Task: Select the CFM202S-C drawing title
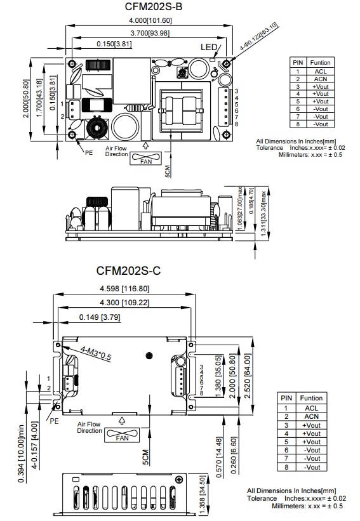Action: pyautogui.click(x=129, y=270)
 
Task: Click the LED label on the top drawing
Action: pyautogui.click(x=209, y=48)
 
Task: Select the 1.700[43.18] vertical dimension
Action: pyautogui.click(x=40, y=93)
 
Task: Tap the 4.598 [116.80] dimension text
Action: pyautogui.click(x=124, y=289)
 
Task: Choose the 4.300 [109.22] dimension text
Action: pyautogui.click(x=125, y=303)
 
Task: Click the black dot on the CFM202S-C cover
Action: pyautogui.click(x=149, y=355)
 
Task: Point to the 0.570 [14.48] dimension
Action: pyautogui.click(x=219, y=451)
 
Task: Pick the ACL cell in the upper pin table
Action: pyautogui.click(x=320, y=71)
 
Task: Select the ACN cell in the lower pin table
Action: pyautogui.click(x=311, y=416)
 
